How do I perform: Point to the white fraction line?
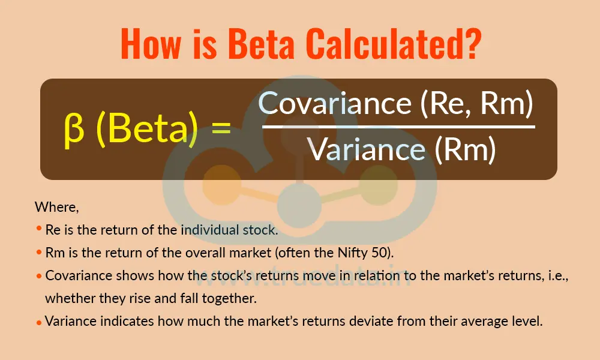398,127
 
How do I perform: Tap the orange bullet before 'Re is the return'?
39,229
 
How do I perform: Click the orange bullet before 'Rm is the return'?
39,251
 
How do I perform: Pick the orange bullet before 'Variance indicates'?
39,322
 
